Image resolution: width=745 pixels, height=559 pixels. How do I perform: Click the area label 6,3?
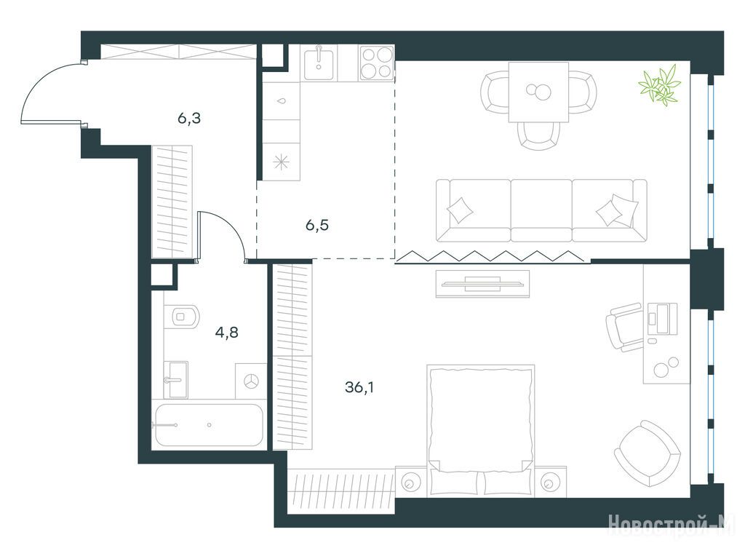(189, 118)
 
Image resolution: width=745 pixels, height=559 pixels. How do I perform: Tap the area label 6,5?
(317, 225)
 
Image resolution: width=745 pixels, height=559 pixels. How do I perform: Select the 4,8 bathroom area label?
(227, 332)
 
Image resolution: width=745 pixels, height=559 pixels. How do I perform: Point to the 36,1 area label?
(359, 387)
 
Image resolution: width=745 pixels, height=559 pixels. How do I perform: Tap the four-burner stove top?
(377, 63)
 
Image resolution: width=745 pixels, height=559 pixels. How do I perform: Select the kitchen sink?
(319, 63)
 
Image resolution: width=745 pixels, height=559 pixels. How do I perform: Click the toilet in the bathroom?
(183, 316)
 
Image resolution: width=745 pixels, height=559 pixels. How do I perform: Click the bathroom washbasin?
(176, 379)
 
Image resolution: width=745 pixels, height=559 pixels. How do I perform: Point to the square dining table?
(538, 92)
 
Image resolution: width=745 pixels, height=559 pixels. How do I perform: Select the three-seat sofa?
(541, 210)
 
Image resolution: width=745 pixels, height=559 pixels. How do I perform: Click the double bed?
(480, 431)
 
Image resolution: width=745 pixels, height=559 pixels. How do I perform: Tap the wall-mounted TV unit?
(483, 284)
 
